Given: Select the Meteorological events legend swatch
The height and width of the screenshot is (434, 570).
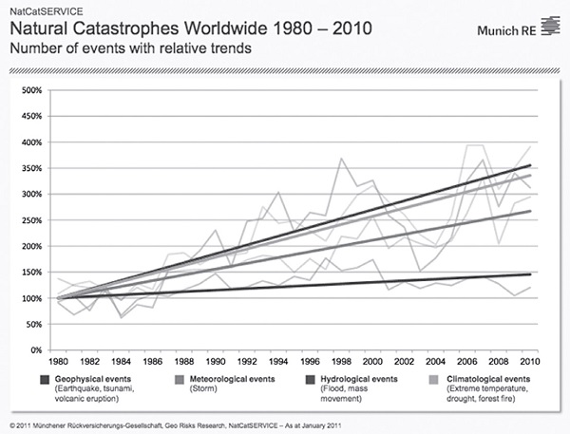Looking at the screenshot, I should (x=179, y=381).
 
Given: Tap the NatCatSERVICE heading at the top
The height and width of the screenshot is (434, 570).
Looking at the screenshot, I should (x=37, y=8).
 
